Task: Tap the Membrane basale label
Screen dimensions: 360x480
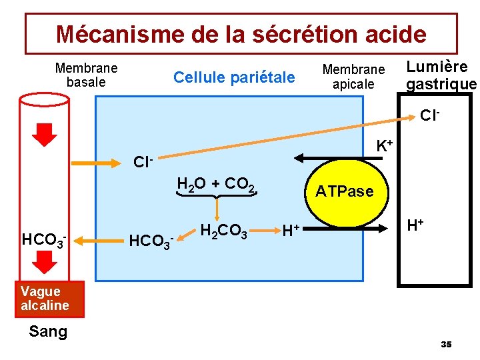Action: (86, 75)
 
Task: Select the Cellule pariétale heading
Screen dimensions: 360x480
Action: (233, 77)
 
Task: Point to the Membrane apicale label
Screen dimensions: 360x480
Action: (353, 77)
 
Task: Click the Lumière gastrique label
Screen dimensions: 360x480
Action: (441, 75)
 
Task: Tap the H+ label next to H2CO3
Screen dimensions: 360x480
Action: (290, 231)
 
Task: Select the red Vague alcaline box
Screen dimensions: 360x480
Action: (45, 298)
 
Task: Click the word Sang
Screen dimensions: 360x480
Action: (48, 331)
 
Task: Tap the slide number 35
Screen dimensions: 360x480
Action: (446, 344)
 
